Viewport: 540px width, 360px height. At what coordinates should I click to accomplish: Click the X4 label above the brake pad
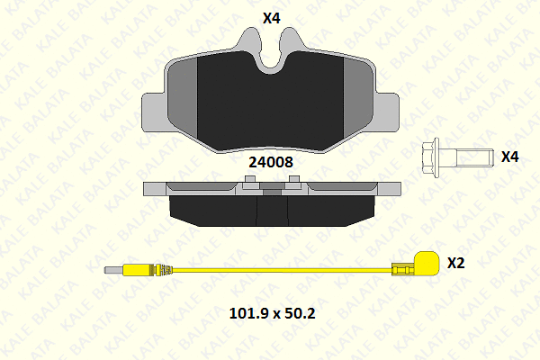272,18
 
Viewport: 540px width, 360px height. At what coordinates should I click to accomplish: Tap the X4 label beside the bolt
509,157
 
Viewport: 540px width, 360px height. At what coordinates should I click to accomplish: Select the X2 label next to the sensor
456,263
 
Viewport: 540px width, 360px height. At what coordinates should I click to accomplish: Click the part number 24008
271,162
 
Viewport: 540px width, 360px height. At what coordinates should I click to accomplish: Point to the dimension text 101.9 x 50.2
272,313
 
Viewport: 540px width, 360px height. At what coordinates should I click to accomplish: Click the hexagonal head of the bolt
430,157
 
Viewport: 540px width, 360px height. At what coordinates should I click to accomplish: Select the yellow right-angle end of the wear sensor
426,263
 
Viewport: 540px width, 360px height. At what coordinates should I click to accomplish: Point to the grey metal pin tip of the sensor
113,270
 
